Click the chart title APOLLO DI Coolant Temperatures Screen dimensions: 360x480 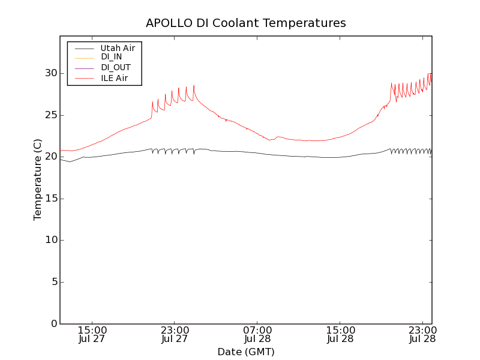(x=246, y=23)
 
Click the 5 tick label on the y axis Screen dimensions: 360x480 (x=53, y=282)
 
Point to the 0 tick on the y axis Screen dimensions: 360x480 (x=53, y=324)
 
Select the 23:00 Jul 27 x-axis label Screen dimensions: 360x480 (x=175, y=335)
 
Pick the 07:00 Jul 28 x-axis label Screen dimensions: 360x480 (x=257, y=335)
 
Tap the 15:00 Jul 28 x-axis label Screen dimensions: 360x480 (x=340, y=335)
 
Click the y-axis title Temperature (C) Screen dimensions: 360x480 (x=38, y=180)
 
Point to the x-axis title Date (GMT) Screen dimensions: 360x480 (x=246, y=352)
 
